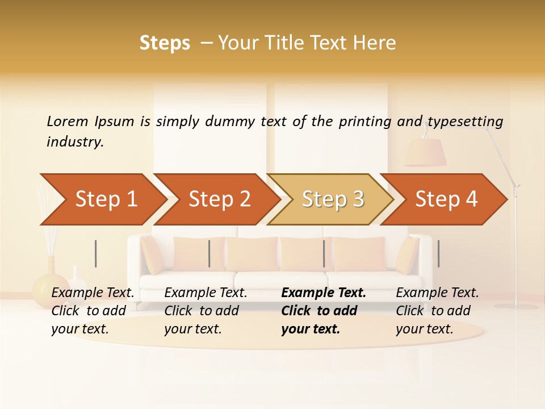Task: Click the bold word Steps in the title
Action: [x=165, y=43]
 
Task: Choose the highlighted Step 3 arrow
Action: [x=333, y=199]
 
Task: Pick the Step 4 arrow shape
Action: [x=446, y=199]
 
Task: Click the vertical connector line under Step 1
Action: [x=96, y=253]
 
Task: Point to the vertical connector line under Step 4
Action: [x=438, y=253]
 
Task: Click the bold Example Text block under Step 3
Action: [x=324, y=311]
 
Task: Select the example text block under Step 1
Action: [x=93, y=311]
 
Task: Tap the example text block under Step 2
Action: [x=206, y=311]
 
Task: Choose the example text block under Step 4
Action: [x=437, y=311]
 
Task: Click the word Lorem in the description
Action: [x=68, y=122]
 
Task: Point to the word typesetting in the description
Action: [x=465, y=122]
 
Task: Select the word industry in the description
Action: [x=75, y=142]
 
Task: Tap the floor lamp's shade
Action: [x=425, y=152]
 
